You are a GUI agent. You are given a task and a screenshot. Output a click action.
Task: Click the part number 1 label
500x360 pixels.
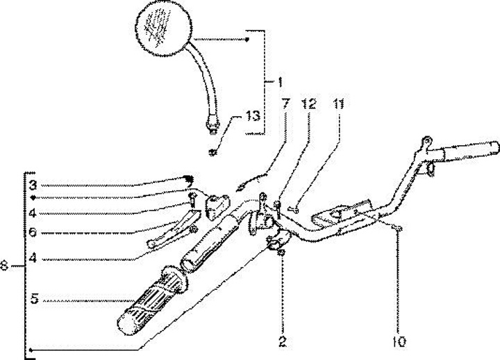279,83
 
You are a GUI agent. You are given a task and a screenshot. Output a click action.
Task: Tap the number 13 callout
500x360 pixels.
255,117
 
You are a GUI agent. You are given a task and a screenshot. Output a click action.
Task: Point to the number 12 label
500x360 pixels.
309,104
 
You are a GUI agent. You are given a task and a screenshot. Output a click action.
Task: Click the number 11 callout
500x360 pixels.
338,104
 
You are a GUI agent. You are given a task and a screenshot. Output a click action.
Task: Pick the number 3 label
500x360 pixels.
32,186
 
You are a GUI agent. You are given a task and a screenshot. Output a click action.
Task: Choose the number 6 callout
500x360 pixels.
32,233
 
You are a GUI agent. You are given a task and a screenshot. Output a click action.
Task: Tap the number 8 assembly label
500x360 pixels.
6,265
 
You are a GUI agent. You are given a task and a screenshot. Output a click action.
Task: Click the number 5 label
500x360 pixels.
32,300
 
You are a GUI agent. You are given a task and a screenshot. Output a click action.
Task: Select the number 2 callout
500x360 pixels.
283,342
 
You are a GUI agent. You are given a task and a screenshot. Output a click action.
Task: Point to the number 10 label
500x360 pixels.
398,342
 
